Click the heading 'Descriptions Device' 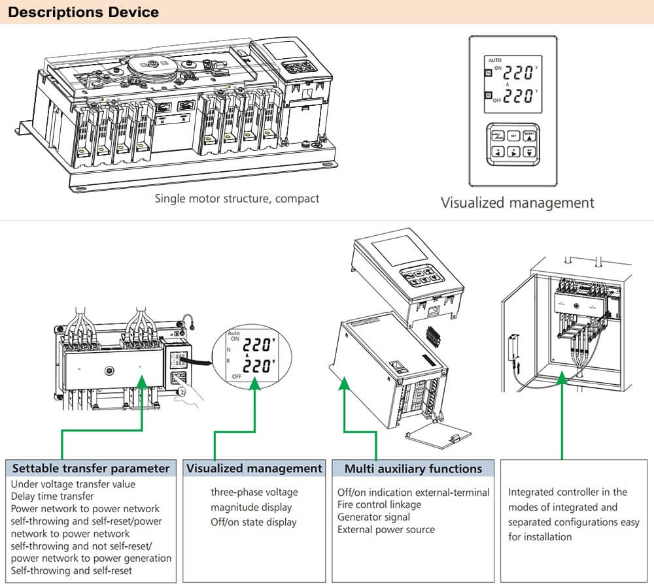(83, 12)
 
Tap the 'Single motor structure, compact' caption (237, 198)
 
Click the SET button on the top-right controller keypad (514, 136)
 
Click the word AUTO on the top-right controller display (495, 59)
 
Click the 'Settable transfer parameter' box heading (91, 468)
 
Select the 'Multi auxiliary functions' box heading (413, 468)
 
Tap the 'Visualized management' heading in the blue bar (254, 468)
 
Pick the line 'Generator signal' (373, 517)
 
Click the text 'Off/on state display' (253, 522)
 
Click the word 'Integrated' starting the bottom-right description (530, 492)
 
